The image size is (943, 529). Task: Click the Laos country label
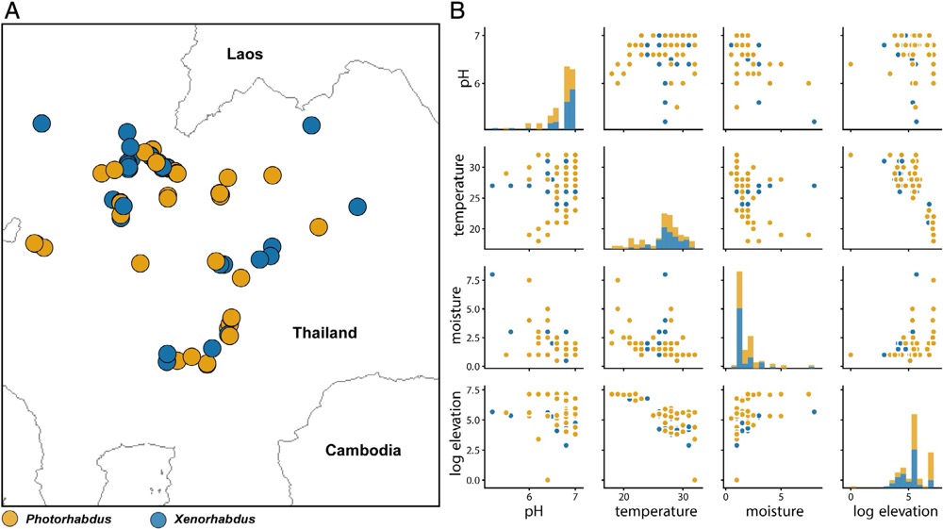tap(244, 54)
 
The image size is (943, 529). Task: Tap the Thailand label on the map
tap(324, 333)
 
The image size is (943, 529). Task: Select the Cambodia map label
tap(363, 450)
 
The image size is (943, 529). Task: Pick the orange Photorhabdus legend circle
tap(10, 519)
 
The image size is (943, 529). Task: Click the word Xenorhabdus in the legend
tap(215, 519)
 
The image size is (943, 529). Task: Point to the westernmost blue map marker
tap(41, 124)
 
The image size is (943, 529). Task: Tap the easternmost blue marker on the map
tap(357, 207)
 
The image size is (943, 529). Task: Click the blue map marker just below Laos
tap(312, 125)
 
